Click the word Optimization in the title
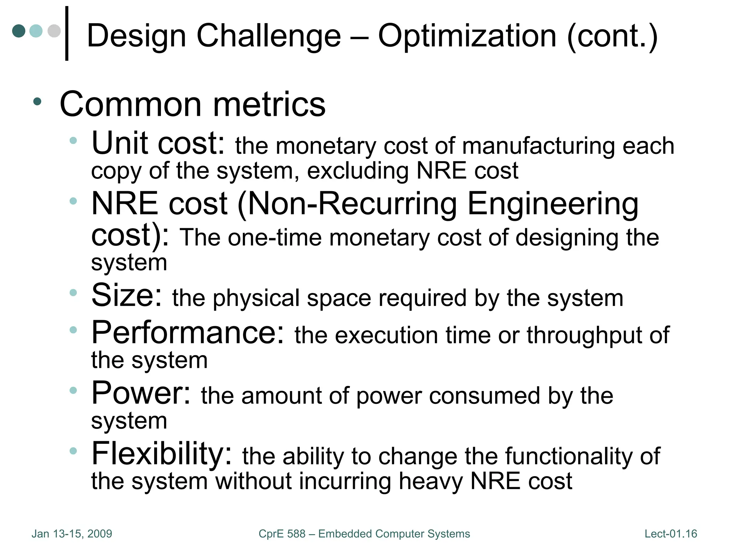coord(467,36)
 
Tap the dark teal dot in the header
coord(19,31)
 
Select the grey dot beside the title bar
coord(54,31)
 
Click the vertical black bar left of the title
coord(67,33)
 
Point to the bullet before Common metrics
coord(37,102)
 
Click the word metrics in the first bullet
coord(269,104)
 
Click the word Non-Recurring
coord(352,204)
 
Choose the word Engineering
coord(553,204)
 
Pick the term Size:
coord(127,295)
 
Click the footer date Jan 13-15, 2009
coord(72,534)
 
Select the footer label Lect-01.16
coord(671,534)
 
